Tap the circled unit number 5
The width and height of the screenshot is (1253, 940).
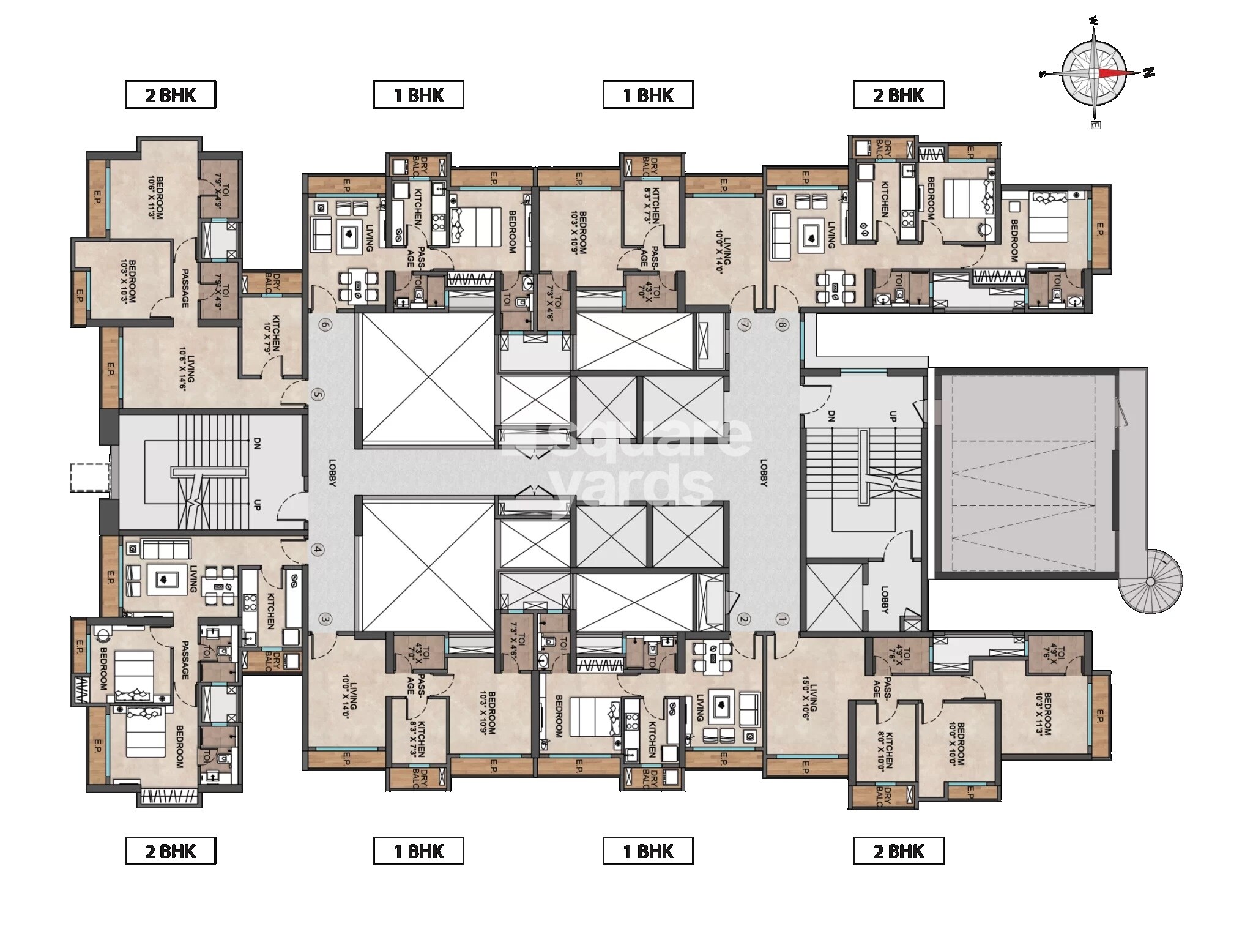[316, 395]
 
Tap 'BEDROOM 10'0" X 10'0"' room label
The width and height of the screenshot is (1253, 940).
[957, 744]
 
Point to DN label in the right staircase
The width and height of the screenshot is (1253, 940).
[830, 417]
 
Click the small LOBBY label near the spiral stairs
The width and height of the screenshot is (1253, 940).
[885, 600]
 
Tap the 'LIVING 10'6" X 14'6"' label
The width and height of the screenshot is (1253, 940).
[186, 365]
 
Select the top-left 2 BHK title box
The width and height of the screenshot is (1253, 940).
[171, 95]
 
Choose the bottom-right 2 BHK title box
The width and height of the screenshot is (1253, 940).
[898, 851]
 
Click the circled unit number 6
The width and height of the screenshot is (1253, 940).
[325, 325]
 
